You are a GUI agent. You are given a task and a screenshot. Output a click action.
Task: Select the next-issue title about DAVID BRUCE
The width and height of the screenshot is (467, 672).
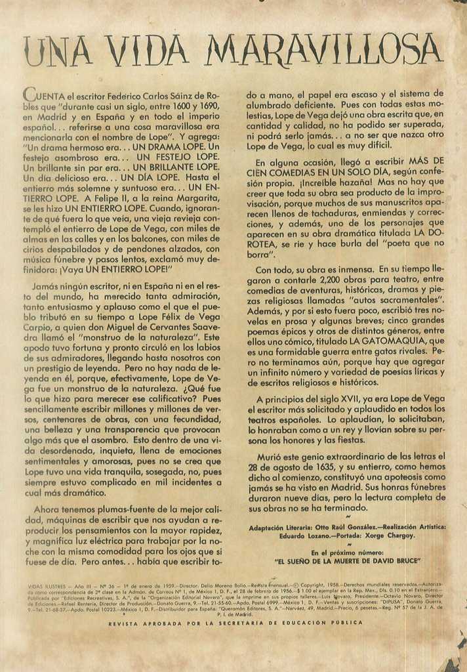pyautogui.click(x=347, y=561)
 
